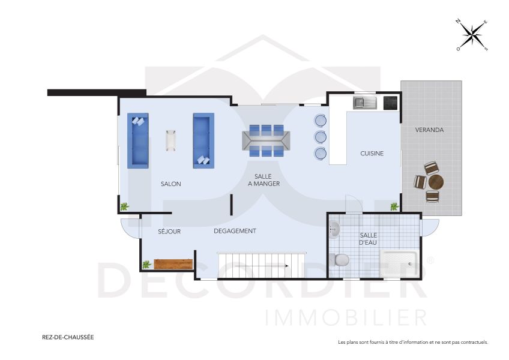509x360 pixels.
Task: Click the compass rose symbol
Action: pos(472,35)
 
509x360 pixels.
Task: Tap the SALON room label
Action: pos(170,184)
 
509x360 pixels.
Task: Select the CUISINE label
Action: pos(372,154)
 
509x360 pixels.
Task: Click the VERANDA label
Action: pos(429,130)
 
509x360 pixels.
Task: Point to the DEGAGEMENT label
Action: pos(235,231)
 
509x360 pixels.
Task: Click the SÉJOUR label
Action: pos(169,231)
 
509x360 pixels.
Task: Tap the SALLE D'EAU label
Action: pos(368,239)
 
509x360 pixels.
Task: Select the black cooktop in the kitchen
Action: pos(391,103)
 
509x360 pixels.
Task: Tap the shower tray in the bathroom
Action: pos(399,263)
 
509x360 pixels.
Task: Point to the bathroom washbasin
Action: pos(334,229)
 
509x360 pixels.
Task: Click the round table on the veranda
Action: pos(436,181)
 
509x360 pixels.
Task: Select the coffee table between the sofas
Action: pos(171,140)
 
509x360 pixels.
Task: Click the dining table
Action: pos(267,140)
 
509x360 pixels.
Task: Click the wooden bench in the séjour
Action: pos(173,264)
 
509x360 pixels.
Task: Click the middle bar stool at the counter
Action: pos(321,137)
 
